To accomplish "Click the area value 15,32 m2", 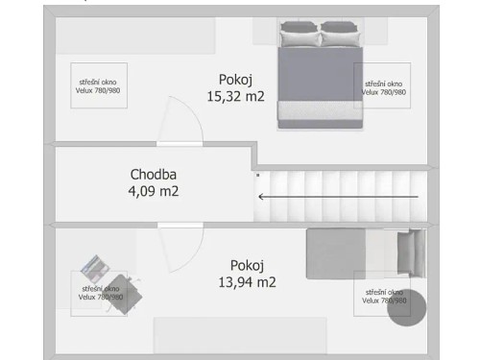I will point(235,95).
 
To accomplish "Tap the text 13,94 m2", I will point(247,281).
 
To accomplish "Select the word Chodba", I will point(154,175).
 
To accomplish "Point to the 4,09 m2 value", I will point(154,191).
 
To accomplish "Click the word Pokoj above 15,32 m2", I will point(236,79).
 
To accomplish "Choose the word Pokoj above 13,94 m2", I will point(247,265).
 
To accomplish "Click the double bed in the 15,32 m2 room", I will point(320,77).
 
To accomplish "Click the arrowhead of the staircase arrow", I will point(261,197).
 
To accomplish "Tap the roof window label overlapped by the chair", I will point(99,293).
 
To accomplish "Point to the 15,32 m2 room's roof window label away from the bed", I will point(99,87).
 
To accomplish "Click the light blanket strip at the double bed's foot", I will point(320,117).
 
